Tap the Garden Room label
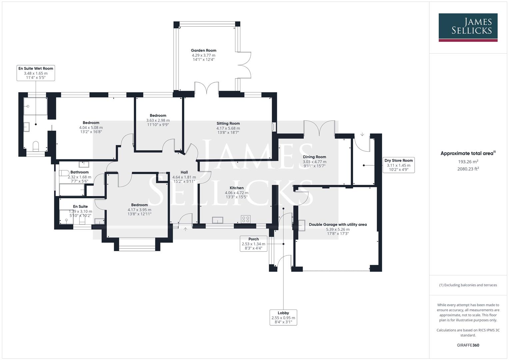click(203, 51)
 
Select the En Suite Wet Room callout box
click(36, 73)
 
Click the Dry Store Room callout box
click(398, 165)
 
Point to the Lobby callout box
click(283, 317)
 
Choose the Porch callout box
click(253, 243)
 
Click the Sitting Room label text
click(228, 123)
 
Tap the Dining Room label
click(314, 157)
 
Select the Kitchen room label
click(236, 188)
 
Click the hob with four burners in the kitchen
click(246, 219)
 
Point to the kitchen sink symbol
click(218, 220)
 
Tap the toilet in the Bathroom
click(64, 173)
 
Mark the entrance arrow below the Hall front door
click(185, 229)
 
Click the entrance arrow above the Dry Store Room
click(362, 135)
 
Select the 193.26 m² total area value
click(468, 162)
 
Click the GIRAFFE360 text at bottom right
click(468, 345)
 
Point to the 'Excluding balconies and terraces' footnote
click(468, 285)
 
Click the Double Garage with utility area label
click(338, 225)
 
